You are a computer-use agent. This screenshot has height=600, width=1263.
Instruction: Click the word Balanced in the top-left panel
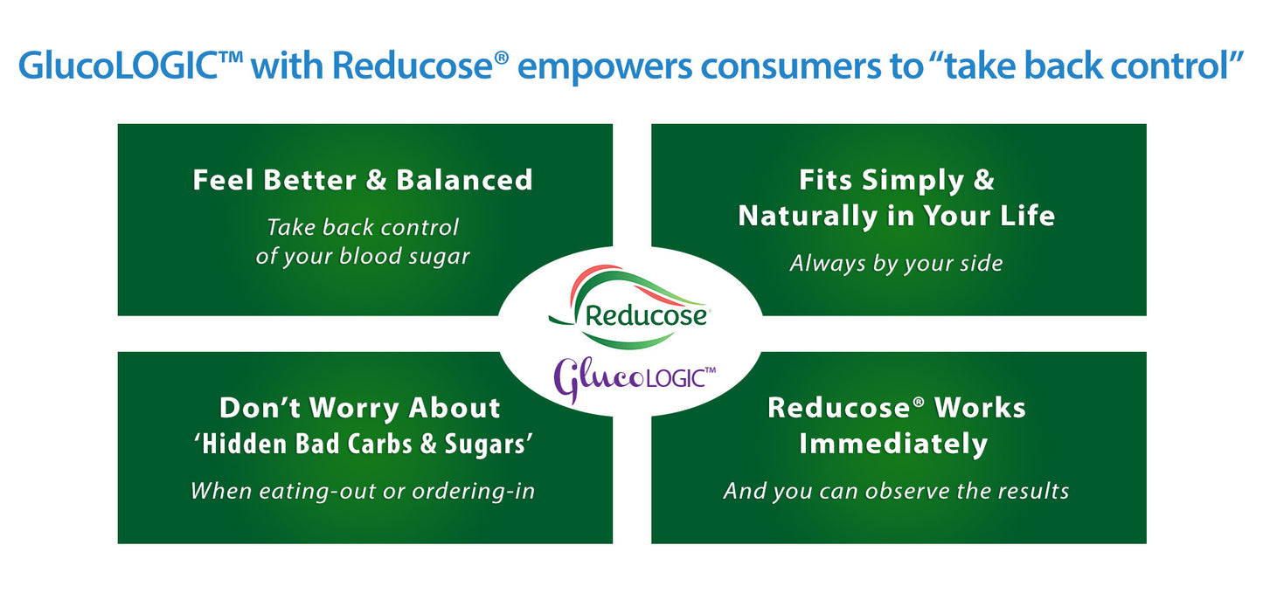click(x=464, y=180)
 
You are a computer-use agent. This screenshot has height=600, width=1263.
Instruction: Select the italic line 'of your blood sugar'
click(x=363, y=257)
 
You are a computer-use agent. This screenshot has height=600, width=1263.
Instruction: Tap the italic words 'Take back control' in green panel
click(x=363, y=227)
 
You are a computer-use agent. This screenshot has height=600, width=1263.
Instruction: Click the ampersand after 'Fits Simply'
click(x=983, y=180)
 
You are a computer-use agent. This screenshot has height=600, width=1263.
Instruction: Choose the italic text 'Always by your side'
click(x=897, y=263)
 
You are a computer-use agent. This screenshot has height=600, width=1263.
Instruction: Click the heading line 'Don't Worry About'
click(x=359, y=408)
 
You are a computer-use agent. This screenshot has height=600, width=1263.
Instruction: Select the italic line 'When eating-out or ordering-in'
click(x=363, y=491)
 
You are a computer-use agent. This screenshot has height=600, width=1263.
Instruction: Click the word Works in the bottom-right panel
click(x=980, y=408)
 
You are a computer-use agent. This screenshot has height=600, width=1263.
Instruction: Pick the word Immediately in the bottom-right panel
click(x=893, y=444)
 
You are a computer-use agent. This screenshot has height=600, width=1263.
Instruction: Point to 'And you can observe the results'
click(x=896, y=491)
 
